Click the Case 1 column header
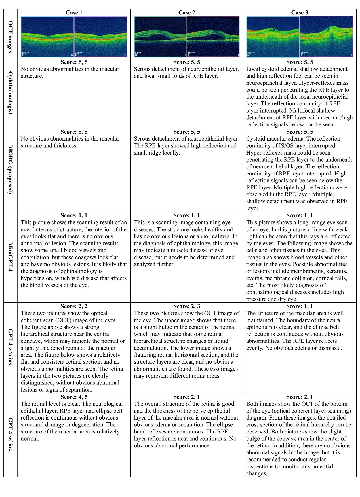pos(74,12)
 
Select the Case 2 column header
pos(187,12)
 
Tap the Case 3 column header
pos(300,12)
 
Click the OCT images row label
pos(10,37)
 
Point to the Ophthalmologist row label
pos(10,93)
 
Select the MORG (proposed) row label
pos(10,170)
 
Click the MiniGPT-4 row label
pos(10,257)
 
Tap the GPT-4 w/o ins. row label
pos(10,348)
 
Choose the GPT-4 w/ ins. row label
pos(10,435)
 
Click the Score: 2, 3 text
pos(187,306)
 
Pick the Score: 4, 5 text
pos(74,397)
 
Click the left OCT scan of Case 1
pos(47,37)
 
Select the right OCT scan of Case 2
pos(213,37)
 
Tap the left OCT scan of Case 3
pos(273,37)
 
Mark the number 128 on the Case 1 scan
pos(24,53)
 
